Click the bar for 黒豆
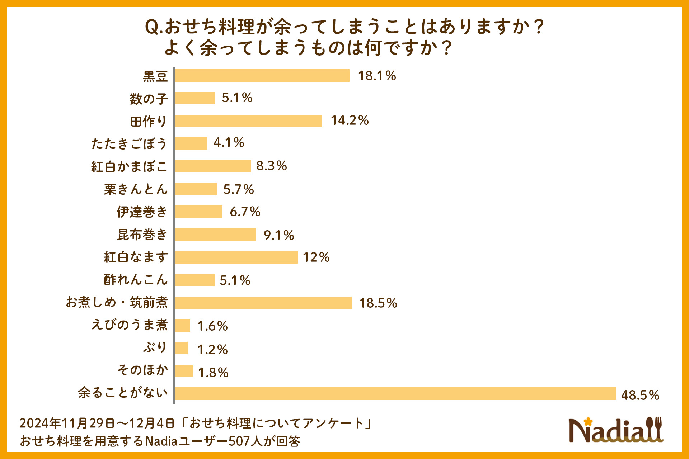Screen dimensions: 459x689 (x=262, y=76)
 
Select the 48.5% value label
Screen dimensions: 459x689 (x=640, y=395)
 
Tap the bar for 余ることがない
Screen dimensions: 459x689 (x=395, y=393)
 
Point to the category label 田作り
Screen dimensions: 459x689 (x=149, y=121)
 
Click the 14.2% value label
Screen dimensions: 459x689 (x=350, y=120)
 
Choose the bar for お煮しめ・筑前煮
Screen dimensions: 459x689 (x=263, y=303)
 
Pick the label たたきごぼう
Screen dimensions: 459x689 (x=129, y=144)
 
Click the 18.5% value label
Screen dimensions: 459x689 (x=378, y=303)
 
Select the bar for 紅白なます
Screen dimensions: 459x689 (x=236, y=257)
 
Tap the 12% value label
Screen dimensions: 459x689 (x=316, y=257)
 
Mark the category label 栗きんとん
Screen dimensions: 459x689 (x=136, y=189)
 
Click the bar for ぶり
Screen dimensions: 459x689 (x=181, y=348)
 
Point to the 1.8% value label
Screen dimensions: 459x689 (x=213, y=373)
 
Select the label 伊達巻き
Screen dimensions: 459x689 (x=142, y=212)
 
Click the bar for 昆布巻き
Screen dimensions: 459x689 (x=215, y=235)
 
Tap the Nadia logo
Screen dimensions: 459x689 (x=610, y=430)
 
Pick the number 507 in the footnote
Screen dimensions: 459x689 (x=240, y=441)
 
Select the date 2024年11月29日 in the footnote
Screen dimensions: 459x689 (x=67, y=423)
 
